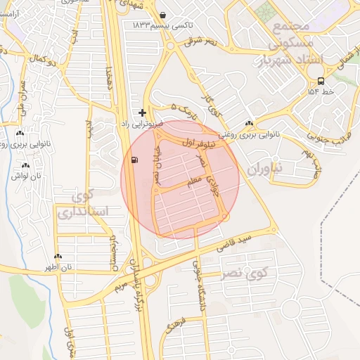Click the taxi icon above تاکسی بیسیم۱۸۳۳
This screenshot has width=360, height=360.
coord(163,15)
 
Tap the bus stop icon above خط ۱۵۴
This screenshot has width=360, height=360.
coord(321,80)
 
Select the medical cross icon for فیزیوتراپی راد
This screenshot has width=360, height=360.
coord(143,112)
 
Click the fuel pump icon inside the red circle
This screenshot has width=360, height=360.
coord(134,160)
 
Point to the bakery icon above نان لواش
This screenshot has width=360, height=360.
coord(25,165)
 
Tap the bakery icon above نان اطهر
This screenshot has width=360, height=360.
coord(58,257)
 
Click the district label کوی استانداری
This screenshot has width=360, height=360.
coord(83,202)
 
